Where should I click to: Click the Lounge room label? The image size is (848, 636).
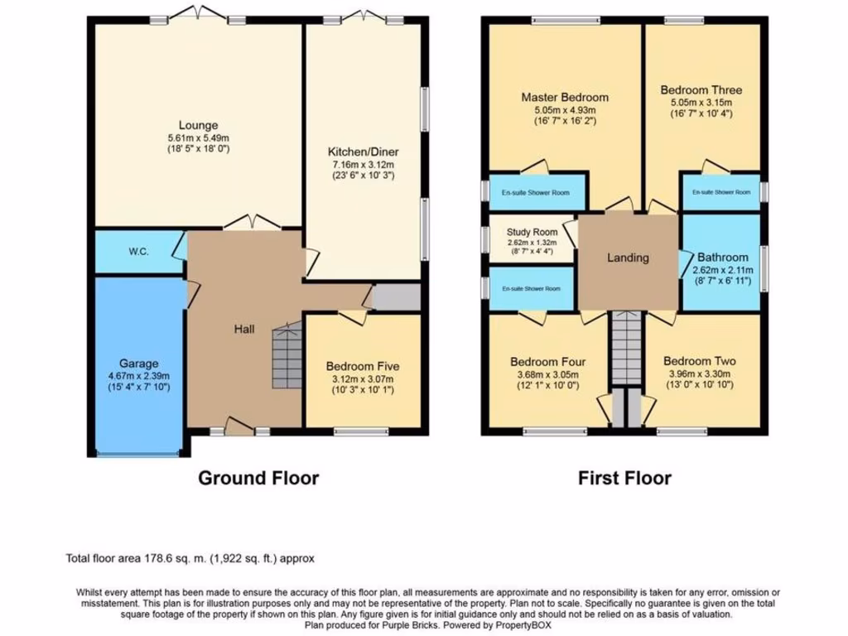[x=198, y=125]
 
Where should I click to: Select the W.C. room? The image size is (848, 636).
[x=138, y=252]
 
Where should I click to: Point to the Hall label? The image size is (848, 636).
[x=243, y=330]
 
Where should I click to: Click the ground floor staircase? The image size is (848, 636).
[x=287, y=358]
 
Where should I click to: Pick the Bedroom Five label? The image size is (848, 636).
[x=363, y=366]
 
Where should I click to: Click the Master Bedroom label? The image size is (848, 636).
[x=565, y=97]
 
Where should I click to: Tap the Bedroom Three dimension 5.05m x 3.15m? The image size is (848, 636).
[x=701, y=103]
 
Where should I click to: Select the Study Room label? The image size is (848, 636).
[x=532, y=232]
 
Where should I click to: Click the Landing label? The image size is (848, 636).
[x=628, y=258]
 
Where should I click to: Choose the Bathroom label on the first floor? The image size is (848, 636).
[x=722, y=258]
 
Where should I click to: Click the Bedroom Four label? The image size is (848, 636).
[x=547, y=362]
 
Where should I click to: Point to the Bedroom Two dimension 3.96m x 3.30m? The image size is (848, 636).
[x=700, y=374]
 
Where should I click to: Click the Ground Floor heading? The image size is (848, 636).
[x=258, y=478]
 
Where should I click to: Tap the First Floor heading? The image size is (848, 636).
[x=624, y=478]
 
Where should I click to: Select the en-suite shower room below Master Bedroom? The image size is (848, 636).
[x=537, y=192]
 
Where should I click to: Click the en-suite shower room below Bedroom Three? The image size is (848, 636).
[x=720, y=192]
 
